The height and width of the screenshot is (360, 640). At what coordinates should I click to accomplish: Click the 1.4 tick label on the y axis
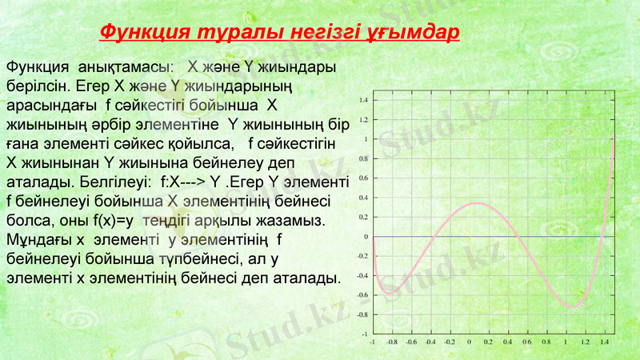pyautogui.click(x=363, y=100)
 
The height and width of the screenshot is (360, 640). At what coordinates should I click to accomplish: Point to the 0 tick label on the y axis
pyautogui.click(x=366, y=237)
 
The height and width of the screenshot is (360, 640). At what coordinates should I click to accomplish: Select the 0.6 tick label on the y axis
pyautogui.click(x=363, y=178)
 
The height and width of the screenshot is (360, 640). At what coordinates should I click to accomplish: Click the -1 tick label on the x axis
pyautogui.click(x=371, y=342)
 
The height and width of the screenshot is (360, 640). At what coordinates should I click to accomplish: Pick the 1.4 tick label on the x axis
pyautogui.click(x=604, y=342)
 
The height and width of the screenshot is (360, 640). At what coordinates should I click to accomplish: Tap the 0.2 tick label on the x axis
pyautogui.click(x=488, y=342)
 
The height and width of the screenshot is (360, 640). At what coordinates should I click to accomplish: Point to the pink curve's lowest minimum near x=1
pyautogui.click(x=573, y=306)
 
